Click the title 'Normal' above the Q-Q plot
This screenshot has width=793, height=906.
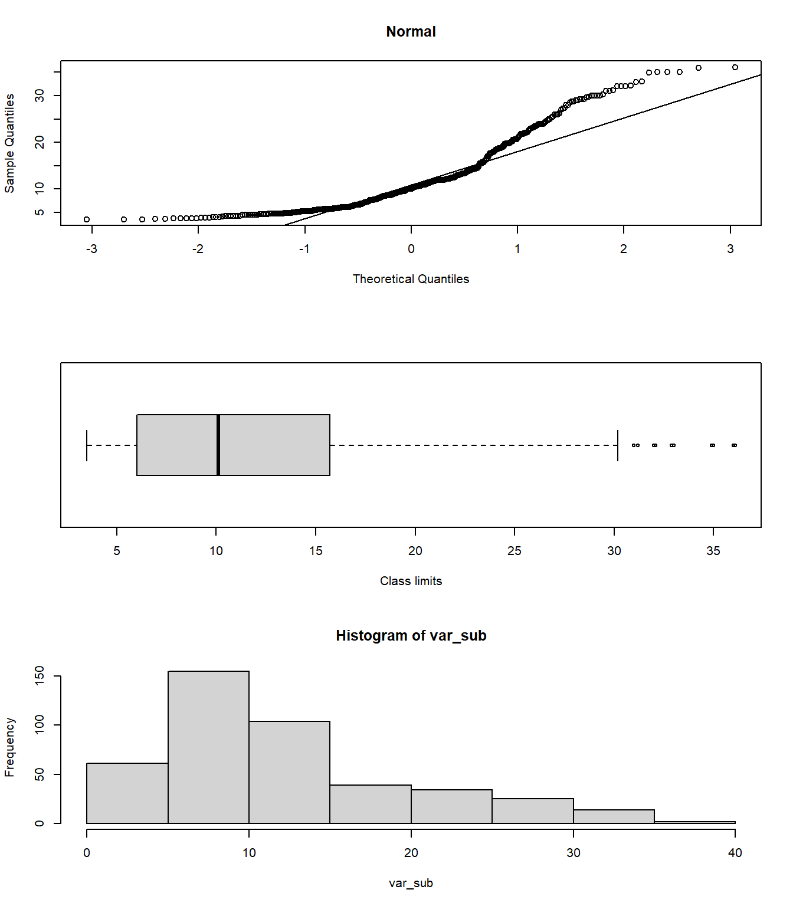[411, 32]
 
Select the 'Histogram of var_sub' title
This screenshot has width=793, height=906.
[411, 635]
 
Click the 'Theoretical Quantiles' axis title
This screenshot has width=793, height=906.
[411, 279]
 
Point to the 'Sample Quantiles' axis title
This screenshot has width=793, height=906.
[9, 143]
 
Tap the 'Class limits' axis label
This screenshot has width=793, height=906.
[411, 581]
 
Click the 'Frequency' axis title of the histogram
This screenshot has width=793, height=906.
[9, 747]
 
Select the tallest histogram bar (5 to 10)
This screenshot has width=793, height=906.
[208, 747]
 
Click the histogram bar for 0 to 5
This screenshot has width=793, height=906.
[127, 793]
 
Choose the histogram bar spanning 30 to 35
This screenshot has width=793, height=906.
[614, 816]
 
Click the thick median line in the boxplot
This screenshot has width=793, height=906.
[218, 445]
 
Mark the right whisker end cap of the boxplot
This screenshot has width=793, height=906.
[618, 445]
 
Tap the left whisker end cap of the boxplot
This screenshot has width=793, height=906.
[87, 445]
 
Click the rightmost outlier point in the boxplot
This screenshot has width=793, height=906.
[734, 445]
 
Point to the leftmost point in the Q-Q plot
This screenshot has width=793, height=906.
[87, 219]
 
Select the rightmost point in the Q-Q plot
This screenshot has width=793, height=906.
[735, 67]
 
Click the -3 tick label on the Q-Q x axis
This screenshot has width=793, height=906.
[91, 249]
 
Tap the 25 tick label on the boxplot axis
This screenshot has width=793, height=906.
[515, 551]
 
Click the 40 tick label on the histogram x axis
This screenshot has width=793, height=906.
[735, 853]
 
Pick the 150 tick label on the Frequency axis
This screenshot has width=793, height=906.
[40, 676]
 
